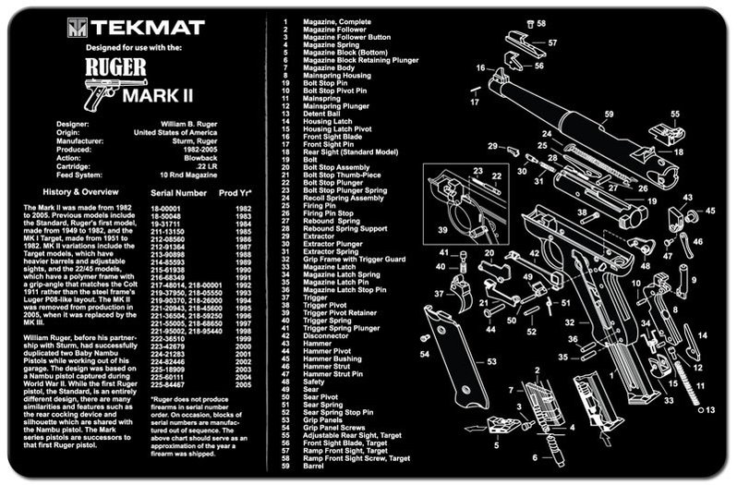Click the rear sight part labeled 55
tap(664, 130)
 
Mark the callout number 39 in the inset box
tap(442, 229)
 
